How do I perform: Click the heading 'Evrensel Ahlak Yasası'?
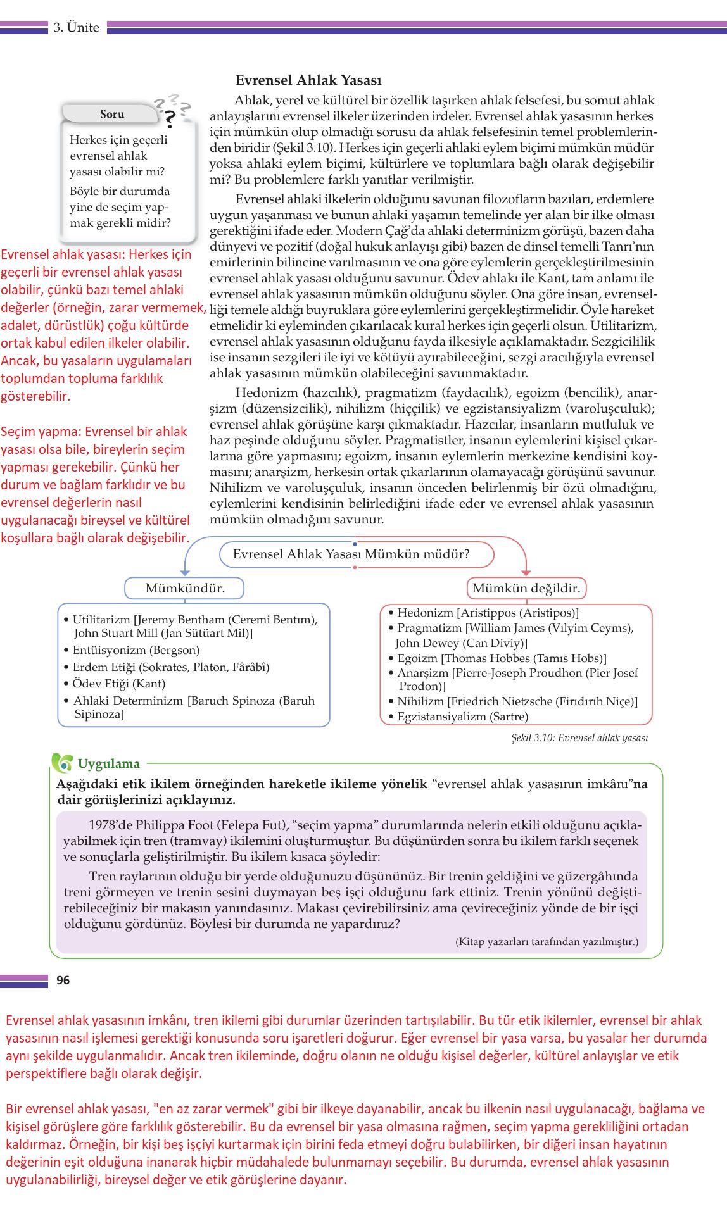click(x=308, y=80)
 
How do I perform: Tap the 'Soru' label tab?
click(x=112, y=115)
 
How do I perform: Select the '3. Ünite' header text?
click(x=76, y=27)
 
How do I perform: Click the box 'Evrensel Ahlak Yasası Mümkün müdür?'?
click(x=351, y=554)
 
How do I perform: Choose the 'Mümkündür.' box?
click(x=184, y=588)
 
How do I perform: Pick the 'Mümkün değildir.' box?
click(x=526, y=588)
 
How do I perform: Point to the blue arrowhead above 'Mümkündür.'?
click(x=185, y=572)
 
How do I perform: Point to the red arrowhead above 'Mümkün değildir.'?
click(x=526, y=572)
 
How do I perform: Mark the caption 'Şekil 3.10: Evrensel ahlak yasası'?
click(x=579, y=738)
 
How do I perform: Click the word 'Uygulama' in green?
click(x=108, y=763)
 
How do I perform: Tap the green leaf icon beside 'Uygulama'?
click(x=62, y=763)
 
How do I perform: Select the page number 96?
click(x=63, y=981)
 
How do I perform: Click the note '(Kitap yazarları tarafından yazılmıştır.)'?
click(x=547, y=942)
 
